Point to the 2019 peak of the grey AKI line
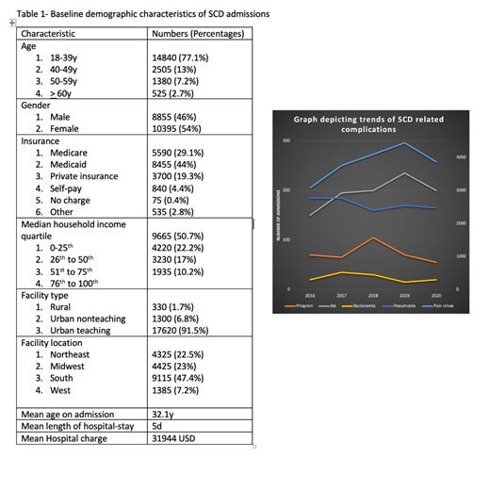[x=404, y=173]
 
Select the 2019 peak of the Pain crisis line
[x=404, y=143]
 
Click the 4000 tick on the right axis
[x=461, y=157]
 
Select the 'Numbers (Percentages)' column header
[x=198, y=33]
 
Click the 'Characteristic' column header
[x=48, y=33]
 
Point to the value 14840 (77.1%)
[x=180, y=57]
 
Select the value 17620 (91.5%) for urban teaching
[x=182, y=330]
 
